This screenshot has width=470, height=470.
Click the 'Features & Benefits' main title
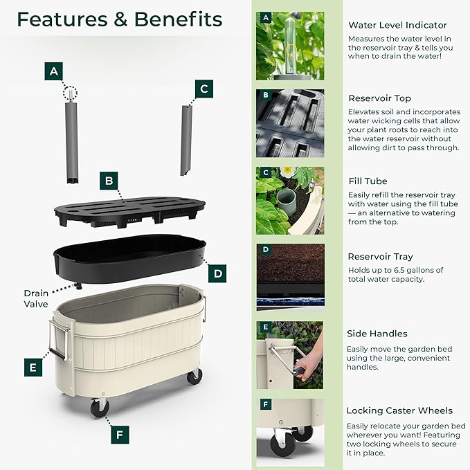119,19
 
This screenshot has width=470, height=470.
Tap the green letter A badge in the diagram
54,71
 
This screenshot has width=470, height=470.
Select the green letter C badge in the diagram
203,89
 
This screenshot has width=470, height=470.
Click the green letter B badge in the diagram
108,181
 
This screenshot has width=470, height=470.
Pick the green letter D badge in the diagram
218,273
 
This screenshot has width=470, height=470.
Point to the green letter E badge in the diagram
33,368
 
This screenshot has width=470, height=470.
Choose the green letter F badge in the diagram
119,435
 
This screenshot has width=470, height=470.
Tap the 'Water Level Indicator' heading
397,26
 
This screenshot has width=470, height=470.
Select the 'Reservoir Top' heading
379,98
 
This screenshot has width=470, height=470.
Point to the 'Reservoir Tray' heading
381,256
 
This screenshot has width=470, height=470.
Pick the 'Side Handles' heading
377,334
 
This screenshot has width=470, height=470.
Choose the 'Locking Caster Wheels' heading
399,410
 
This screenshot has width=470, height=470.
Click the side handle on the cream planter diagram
58,338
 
